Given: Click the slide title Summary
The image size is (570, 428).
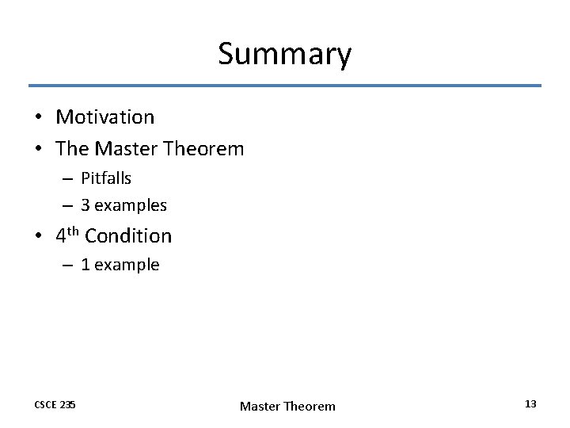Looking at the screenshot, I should tap(284, 55).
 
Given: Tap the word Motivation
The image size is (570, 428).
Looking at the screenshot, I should tap(105, 117).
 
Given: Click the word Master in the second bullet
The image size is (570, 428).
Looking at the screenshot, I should tap(123, 148).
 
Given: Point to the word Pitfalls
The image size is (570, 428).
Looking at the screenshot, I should tap(106, 178).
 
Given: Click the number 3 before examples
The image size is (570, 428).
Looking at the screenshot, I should tap(85, 205).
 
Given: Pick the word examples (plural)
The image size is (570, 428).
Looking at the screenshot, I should tap(131, 205).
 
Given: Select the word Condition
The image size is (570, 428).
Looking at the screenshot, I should tap(128, 236).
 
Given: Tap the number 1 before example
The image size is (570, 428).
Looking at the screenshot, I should tap(85, 265).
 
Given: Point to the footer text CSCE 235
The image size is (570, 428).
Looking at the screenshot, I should tap(55, 405).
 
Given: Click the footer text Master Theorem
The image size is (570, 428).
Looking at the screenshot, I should tap(287, 406).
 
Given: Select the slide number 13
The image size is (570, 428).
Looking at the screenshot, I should tap(530, 404).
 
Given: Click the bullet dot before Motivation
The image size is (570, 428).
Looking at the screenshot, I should tap(37, 118).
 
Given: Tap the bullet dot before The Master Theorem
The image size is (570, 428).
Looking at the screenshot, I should tap(37, 149).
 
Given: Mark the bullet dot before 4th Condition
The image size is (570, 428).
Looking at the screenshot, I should tap(37, 236).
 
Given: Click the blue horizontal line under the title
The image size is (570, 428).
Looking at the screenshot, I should tap(285, 86).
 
